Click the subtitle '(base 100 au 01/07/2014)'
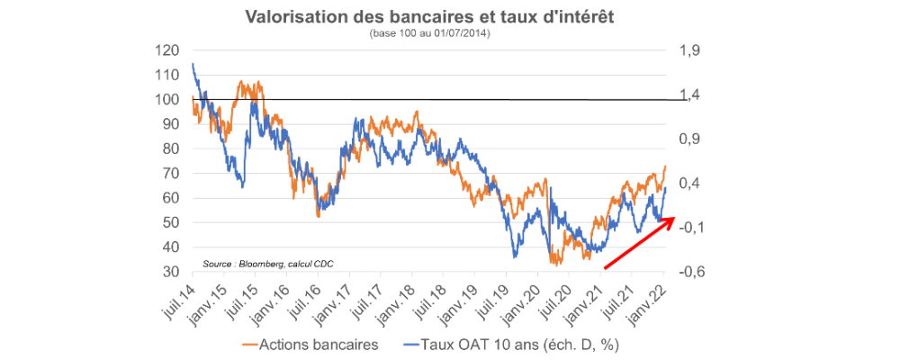click(x=429, y=33)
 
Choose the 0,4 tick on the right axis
click(x=687, y=184)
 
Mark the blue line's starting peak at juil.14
click(x=193, y=64)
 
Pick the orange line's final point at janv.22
click(x=665, y=166)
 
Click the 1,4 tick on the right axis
click(x=687, y=94)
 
